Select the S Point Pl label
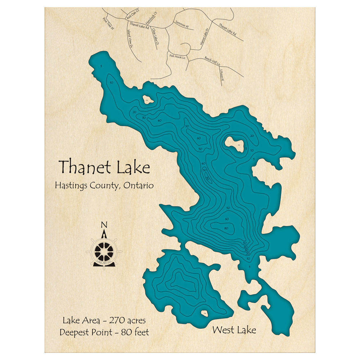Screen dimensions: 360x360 pyautogui.click(x=221, y=75)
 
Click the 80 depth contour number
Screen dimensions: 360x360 pyautogui.click(x=226, y=228)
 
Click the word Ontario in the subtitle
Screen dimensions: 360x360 pyautogui.click(x=138, y=185)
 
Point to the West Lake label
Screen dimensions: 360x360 pyautogui.click(x=234, y=329)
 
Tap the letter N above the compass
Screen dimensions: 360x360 pyautogui.click(x=104, y=225)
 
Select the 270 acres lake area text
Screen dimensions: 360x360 pyautogui.click(x=126, y=320)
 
